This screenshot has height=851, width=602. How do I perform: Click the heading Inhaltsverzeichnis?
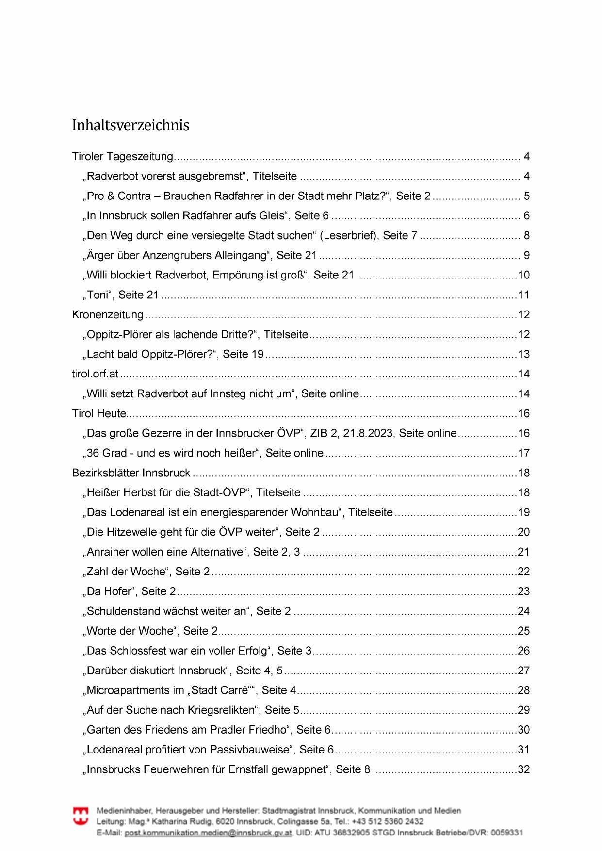coord(130,125)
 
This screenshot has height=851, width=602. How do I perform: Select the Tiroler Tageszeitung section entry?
coord(122,157)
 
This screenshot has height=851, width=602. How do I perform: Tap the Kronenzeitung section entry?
coord(108,315)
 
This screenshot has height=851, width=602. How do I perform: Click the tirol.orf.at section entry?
coord(95,374)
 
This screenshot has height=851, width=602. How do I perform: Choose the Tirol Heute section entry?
coord(99,414)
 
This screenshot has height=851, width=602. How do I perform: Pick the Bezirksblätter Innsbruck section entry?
coord(131,473)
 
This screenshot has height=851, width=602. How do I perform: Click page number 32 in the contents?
coord(524,769)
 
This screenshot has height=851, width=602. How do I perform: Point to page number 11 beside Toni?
coord(524,295)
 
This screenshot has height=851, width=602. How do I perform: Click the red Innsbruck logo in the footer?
coord(81,816)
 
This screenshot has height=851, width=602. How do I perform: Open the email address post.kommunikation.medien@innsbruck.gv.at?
coord(208,833)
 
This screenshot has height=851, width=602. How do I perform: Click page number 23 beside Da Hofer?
coord(524,591)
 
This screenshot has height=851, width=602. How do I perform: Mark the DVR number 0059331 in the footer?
coord(507,833)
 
